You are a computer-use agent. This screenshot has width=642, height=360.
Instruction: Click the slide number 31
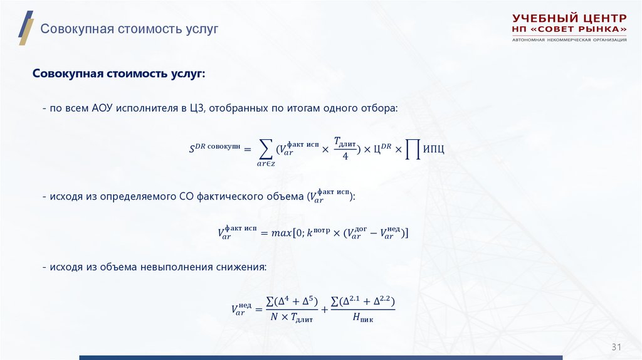point(616,347)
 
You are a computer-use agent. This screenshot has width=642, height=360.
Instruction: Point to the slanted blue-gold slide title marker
point(26,28)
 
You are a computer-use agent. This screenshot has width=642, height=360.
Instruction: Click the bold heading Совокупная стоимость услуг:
point(119,74)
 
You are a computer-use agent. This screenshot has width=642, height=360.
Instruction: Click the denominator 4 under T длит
point(345,156)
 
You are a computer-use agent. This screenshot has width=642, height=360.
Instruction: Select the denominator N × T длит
point(292,318)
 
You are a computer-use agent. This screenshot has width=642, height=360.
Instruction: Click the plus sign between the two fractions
point(325,309)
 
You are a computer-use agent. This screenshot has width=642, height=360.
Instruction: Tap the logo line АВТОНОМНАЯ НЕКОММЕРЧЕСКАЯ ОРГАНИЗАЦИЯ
point(569,40)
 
